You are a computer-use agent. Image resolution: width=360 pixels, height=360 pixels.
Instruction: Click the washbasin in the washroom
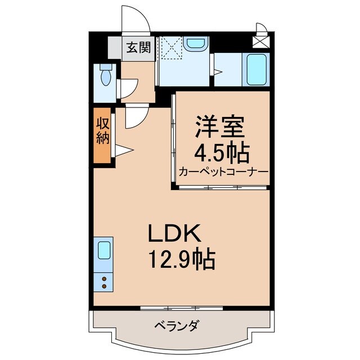click(x=196, y=43)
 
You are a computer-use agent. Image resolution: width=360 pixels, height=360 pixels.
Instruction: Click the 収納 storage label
click(x=102, y=131)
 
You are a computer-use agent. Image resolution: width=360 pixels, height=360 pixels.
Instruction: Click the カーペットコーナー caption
click(x=223, y=172)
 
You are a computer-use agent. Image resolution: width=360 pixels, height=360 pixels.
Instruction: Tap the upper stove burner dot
click(x=104, y=278)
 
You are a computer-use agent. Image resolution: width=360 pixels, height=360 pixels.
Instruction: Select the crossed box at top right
click(x=260, y=40)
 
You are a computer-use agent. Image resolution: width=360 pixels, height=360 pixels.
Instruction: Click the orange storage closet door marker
click(x=123, y=150)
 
